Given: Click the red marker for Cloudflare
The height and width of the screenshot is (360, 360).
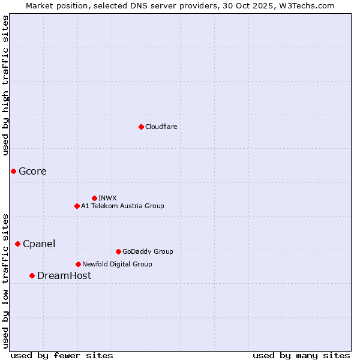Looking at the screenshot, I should [141, 127].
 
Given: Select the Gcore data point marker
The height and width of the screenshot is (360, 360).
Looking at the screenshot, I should [13, 171].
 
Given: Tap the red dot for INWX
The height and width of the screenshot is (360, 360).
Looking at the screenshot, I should [94, 198].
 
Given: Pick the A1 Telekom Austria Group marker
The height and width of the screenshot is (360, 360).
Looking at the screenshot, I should [77, 206].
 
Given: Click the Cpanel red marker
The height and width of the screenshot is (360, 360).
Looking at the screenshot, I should [17, 244].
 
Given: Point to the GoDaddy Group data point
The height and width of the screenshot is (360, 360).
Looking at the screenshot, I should [118, 251].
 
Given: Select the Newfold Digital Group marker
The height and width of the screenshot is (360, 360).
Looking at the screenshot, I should [78, 264].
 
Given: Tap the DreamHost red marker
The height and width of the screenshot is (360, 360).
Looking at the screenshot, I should [32, 275].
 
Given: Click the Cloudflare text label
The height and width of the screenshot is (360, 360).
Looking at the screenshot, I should [161, 127].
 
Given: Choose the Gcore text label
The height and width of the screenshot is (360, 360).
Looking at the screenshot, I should [32, 172].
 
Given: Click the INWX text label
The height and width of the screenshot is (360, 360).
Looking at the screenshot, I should [107, 198].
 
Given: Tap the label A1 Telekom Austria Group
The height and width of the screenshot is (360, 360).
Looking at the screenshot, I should [122, 206].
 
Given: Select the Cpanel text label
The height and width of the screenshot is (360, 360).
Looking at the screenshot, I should [39, 244].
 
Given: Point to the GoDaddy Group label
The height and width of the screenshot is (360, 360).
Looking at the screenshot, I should [148, 251].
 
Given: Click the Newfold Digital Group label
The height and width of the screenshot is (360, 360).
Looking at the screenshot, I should [117, 264].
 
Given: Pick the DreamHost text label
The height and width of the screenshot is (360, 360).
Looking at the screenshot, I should [64, 276].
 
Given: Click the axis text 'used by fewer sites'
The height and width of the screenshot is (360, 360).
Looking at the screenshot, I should [62, 355].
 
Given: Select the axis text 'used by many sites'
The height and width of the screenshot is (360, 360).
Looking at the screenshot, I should [301, 355].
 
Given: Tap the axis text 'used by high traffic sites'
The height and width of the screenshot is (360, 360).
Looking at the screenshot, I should [6, 85].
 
